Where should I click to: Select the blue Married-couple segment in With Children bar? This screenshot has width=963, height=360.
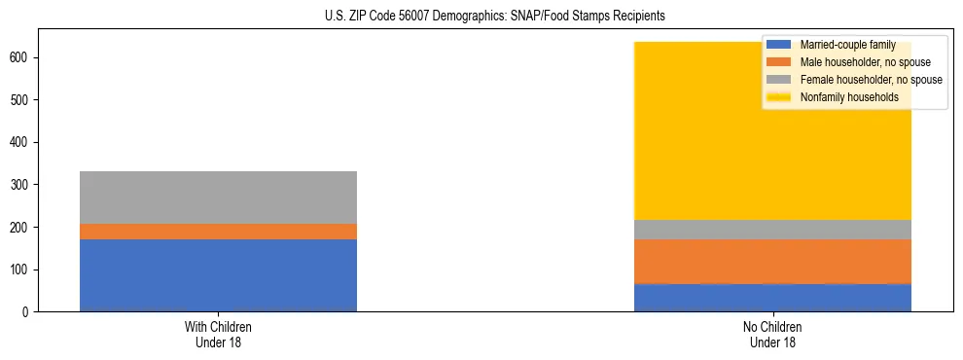218,275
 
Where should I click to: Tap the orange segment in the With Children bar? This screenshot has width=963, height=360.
218,232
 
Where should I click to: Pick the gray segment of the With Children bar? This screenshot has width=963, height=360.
218,198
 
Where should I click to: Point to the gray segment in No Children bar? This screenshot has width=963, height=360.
772,230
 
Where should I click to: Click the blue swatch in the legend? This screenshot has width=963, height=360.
779,45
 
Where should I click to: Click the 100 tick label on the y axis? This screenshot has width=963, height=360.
22,270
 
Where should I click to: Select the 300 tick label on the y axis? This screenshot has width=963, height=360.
22,185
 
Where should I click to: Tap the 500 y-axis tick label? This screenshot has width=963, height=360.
22,100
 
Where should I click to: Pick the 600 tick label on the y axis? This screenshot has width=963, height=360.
22,58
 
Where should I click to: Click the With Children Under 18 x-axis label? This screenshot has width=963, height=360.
218,335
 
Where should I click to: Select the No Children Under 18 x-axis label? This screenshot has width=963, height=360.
772,335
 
